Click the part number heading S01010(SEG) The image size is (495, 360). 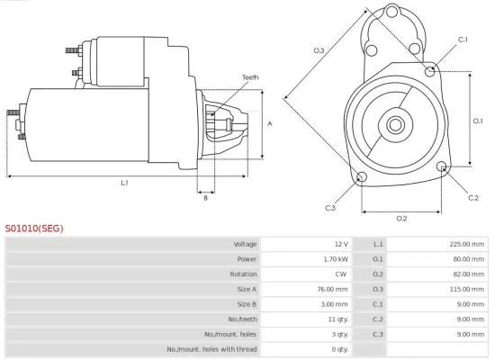34,229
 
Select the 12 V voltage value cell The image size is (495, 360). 340,244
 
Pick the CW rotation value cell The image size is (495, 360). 341,274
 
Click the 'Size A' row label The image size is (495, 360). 247,289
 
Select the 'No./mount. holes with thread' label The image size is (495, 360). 212,348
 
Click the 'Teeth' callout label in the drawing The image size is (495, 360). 250,77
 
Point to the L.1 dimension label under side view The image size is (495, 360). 125,183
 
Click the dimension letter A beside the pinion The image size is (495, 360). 270,124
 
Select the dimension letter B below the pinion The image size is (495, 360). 205,198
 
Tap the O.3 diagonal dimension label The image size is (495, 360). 319,50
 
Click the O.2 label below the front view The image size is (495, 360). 401,218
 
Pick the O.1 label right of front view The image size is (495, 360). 478,120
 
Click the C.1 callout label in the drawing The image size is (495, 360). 463,40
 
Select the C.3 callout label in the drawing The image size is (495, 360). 330,208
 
